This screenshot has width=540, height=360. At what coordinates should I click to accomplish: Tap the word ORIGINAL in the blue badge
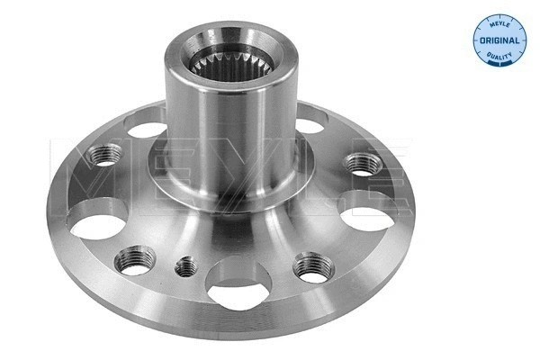tap(499, 41)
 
